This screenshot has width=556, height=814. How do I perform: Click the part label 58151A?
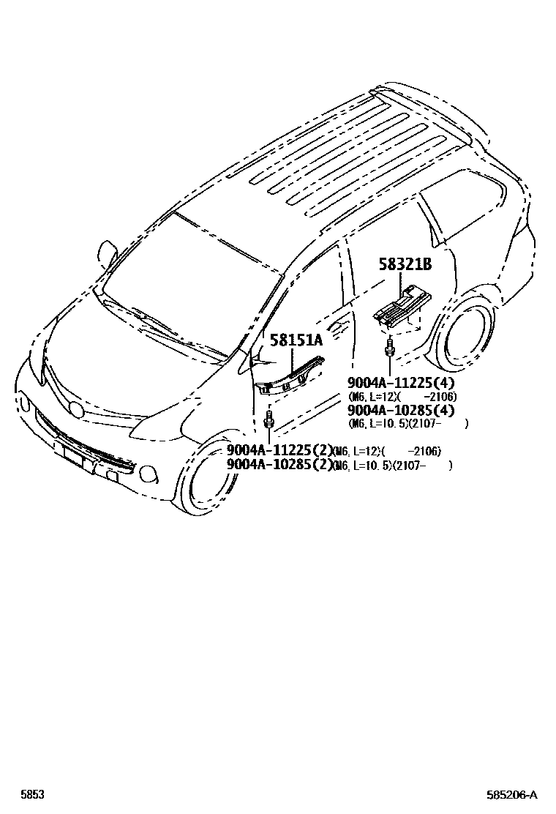pyautogui.click(x=296, y=340)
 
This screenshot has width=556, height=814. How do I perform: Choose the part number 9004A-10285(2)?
pyautogui.click(x=279, y=464)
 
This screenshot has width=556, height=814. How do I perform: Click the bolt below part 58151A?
pyautogui.click(x=269, y=420)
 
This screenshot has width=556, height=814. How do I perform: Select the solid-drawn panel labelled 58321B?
pyautogui.click(x=401, y=304)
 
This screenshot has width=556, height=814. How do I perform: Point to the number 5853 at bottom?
pyautogui.click(x=31, y=795)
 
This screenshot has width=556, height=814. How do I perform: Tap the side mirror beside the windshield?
pyautogui.click(x=109, y=252)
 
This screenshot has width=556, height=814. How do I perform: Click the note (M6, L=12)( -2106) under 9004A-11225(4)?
pyautogui.click(x=402, y=397)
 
